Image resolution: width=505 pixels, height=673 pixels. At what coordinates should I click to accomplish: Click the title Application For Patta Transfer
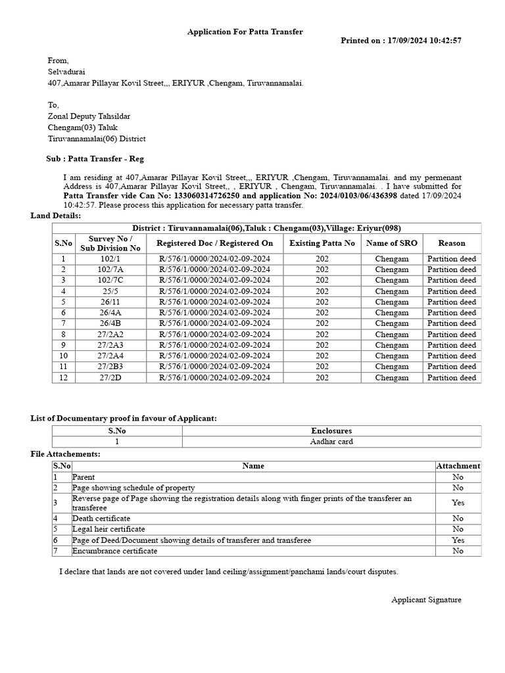(x=245, y=32)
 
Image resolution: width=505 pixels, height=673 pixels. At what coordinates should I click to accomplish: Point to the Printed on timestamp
(x=400, y=41)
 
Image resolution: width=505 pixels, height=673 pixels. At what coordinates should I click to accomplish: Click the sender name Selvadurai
(x=66, y=72)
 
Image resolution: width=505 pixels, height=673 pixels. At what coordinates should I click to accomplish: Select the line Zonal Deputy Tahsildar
(x=89, y=116)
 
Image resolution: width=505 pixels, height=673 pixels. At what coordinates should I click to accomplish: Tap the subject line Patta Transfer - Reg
(x=95, y=159)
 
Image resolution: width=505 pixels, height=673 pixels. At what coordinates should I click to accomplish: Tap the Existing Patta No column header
(x=322, y=243)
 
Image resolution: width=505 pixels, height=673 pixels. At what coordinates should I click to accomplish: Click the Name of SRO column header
(x=391, y=243)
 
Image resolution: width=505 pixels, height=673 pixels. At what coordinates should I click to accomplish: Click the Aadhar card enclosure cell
(x=331, y=442)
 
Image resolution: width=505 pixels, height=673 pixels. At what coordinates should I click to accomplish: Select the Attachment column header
(x=458, y=466)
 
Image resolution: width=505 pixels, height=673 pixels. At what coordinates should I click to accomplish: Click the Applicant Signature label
(x=426, y=600)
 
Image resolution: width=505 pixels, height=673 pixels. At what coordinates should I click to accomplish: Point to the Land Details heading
(x=56, y=216)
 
